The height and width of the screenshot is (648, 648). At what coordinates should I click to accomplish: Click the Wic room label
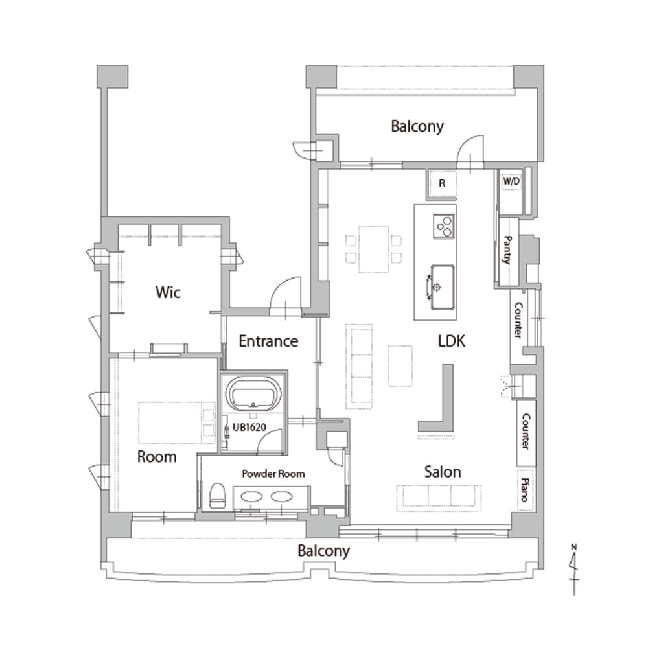[x=168, y=292]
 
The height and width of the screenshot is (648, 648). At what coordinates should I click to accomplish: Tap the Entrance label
[x=268, y=341]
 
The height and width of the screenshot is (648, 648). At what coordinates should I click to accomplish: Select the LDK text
[x=451, y=341]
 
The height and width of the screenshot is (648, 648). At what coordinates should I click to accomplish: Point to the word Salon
[x=443, y=472]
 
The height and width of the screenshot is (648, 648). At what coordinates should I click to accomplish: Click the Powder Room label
[x=273, y=474]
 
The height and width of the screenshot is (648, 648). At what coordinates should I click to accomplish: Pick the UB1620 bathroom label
[x=249, y=427]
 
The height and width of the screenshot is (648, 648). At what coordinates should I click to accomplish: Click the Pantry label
[x=508, y=249]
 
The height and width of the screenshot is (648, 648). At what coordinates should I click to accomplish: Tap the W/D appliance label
[x=511, y=181]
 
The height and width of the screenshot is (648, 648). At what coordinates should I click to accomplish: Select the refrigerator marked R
[x=442, y=183]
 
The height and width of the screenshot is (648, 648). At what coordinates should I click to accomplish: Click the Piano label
[x=525, y=490]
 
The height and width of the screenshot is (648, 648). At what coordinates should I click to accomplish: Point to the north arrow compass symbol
[x=574, y=570]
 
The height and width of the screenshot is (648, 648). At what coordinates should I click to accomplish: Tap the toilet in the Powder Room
[x=217, y=495]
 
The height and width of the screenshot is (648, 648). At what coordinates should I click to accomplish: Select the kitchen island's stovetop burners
[x=444, y=226]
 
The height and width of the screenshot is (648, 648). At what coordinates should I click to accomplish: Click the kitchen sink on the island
[x=442, y=287]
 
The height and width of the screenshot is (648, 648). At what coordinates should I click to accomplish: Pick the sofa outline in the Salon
[x=439, y=498]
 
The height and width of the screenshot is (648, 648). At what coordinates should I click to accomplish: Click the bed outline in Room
[x=177, y=422]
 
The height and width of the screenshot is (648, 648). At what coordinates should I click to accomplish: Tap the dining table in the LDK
[x=374, y=249]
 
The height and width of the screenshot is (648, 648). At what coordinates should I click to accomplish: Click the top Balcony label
[x=417, y=126]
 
